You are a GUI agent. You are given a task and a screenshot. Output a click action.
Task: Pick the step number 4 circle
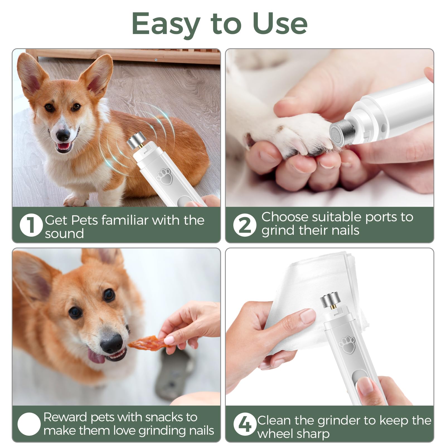244,424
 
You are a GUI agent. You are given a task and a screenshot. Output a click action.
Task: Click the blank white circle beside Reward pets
29,424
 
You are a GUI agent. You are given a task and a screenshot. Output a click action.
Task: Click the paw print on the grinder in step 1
165,176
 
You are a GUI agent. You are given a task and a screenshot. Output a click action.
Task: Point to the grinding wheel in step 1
135,140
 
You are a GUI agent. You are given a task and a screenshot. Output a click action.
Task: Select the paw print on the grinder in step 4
347,345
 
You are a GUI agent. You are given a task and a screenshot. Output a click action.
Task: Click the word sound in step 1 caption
64,234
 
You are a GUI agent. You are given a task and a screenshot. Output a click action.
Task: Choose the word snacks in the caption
163,417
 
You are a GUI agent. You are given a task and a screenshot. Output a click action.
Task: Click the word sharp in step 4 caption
314,434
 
